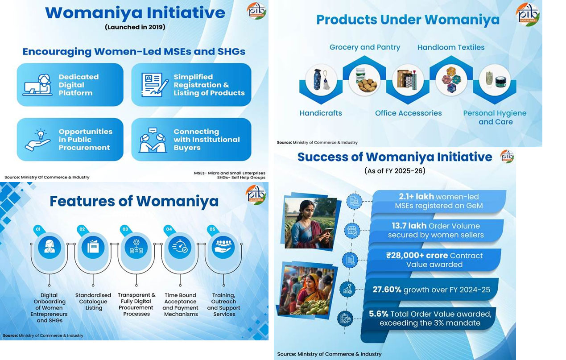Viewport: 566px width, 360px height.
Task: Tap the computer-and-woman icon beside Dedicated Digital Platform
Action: click(x=37, y=85)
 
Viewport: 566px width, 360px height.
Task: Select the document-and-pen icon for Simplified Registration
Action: click(x=154, y=85)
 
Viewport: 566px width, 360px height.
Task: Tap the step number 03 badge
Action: click(x=125, y=229)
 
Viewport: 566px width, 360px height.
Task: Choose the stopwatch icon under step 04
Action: click(x=180, y=247)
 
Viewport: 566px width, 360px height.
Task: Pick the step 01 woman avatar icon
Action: click(x=49, y=247)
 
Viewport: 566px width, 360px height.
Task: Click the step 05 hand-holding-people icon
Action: click(x=223, y=247)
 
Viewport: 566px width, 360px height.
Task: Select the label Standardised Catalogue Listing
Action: click(x=93, y=302)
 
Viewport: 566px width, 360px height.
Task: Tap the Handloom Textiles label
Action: click(x=451, y=47)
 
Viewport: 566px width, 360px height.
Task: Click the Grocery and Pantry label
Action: click(x=365, y=47)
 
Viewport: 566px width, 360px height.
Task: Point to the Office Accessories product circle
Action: click(x=408, y=80)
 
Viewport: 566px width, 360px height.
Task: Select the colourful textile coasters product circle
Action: click(x=451, y=80)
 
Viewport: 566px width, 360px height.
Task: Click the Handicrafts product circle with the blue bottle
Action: click(x=321, y=80)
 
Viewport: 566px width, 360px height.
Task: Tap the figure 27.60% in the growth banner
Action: click(x=387, y=290)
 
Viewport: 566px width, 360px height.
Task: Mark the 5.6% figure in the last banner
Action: click(x=379, y=314)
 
